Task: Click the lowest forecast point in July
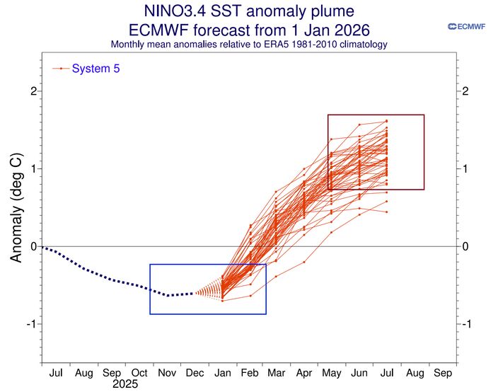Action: pyautogui.click(x=386, y=212)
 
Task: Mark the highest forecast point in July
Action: pyautogui.click(x=386, y=121)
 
